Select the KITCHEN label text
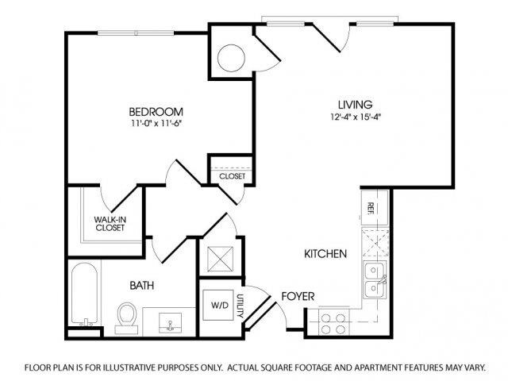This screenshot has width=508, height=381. click(325, 255)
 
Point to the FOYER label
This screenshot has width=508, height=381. click(298, 297)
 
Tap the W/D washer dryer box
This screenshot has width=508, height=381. click(218, 304)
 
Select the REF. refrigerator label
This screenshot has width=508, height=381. click(371, 208)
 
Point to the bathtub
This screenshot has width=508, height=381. click(84, 294)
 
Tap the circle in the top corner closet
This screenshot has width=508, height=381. click(232, 57)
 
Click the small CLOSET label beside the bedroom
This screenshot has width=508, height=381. click(232, 176)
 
